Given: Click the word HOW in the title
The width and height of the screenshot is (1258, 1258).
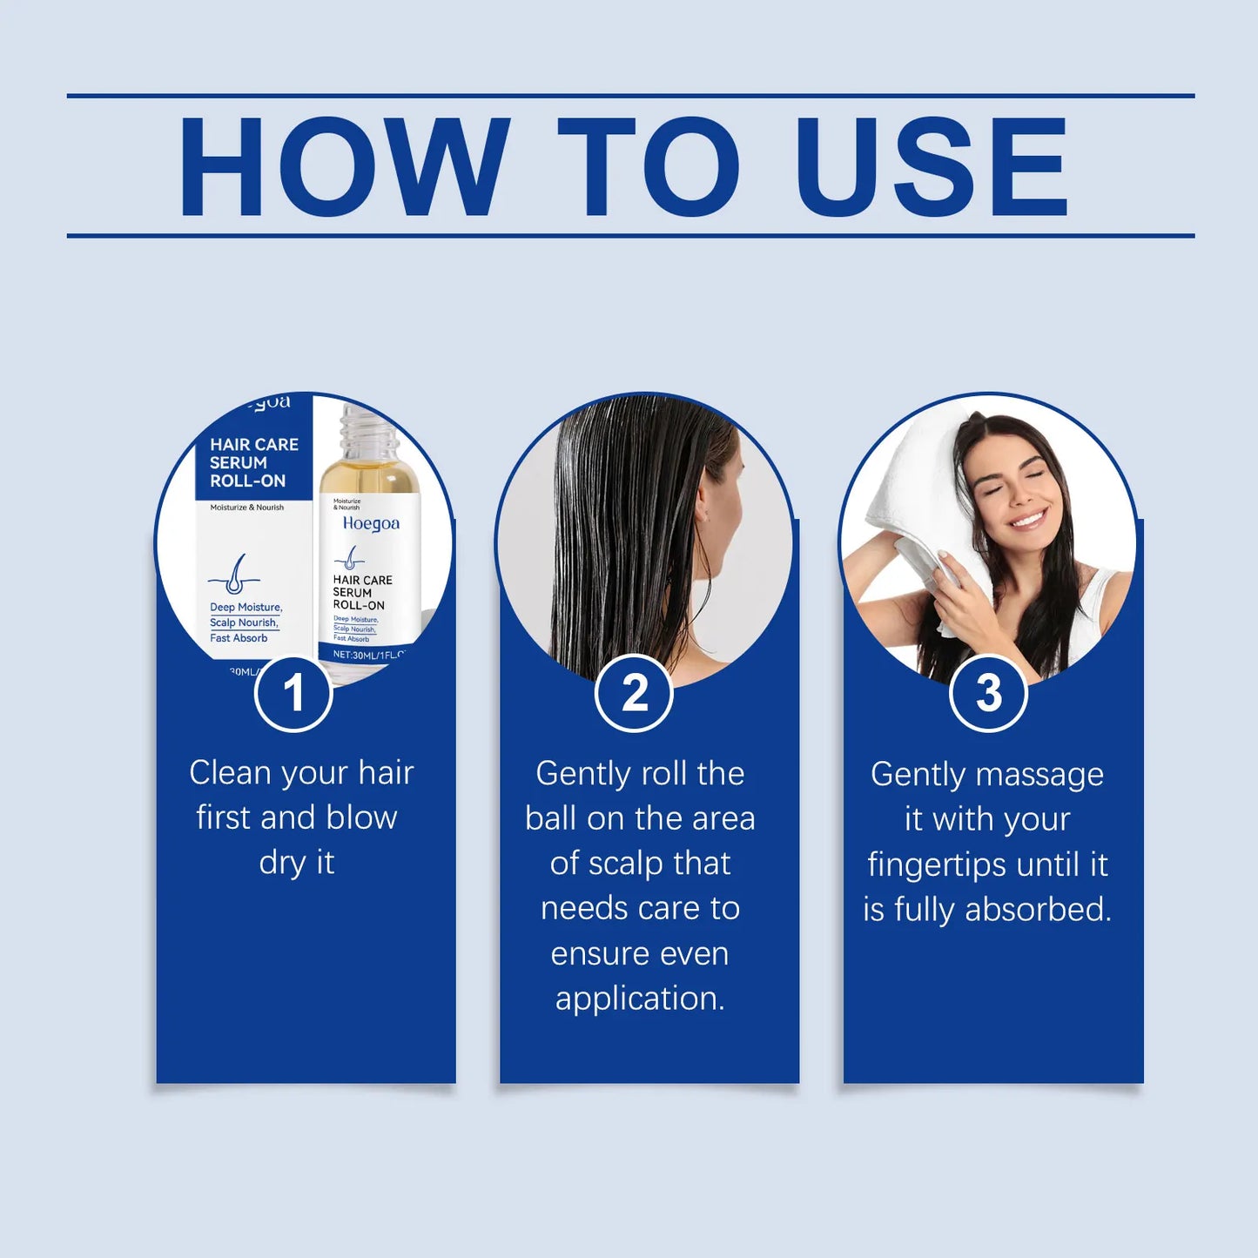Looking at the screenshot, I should pos(344,166).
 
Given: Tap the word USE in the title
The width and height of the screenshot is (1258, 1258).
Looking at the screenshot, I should pos(931,166).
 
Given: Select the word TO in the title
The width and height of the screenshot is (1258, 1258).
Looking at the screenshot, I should pos(649,166).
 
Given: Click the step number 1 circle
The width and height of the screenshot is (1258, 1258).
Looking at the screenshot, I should pos(293,693).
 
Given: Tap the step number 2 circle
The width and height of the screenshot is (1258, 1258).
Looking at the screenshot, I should pos(635,693).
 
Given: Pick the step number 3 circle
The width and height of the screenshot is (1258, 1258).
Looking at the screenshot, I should pos(988,693).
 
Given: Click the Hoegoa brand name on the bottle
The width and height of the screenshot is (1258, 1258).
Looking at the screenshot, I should pos(371,523).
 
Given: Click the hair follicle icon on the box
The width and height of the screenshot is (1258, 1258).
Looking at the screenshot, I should pos(234,575).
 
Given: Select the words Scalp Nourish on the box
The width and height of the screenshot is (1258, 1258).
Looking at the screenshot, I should pos(244,622).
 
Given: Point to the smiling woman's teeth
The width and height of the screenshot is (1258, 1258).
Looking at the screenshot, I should pos(1027,521).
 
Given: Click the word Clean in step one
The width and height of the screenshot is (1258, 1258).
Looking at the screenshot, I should pos(230,773).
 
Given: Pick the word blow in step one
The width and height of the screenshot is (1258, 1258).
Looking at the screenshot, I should pos(360,818).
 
